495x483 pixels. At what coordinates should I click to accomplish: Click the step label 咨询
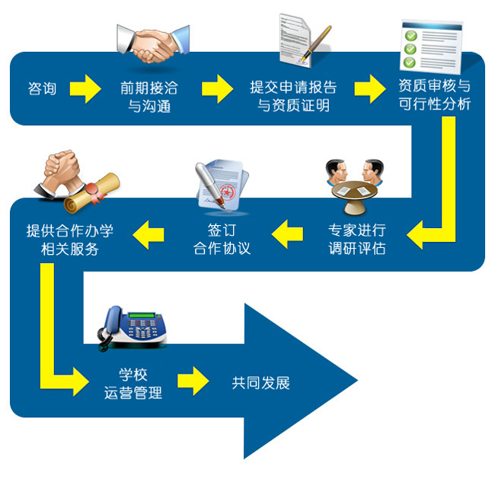coord(42,89)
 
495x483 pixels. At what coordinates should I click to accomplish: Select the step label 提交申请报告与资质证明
coord(293,97)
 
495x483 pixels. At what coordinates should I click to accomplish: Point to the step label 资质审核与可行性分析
coord(435,95)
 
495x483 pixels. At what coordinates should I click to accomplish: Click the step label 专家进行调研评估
coord(356,239)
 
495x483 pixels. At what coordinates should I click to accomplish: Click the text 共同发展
coord(261,383)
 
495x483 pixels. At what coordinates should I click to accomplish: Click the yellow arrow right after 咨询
coord(85,89)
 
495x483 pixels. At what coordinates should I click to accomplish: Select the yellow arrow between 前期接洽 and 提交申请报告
coord(217,89)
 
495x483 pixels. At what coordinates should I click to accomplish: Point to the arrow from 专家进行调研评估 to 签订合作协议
coord(289,234)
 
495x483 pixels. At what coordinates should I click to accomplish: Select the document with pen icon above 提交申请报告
coord(303,40)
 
